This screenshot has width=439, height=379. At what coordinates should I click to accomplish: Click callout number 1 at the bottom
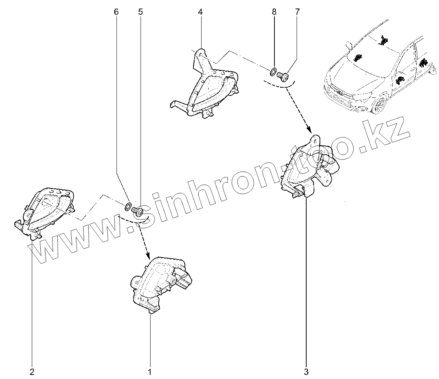[150, 371]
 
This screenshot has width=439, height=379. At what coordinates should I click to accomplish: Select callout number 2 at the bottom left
[32, 371]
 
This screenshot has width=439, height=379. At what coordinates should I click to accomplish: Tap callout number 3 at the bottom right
[306, 371]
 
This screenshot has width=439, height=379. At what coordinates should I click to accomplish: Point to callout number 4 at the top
[200, 12]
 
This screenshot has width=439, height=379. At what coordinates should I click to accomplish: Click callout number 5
[140, 12]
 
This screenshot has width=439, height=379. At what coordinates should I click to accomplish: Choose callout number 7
[297, 12]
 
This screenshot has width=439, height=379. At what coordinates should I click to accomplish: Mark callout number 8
[274, 12]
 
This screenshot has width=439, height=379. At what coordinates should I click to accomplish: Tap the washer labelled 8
[273, 71]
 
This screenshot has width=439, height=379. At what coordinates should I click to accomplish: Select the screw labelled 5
[138, 211]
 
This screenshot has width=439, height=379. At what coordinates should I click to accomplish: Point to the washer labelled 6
[128, 206]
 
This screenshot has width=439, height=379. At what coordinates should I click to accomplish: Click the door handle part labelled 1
[159, 283]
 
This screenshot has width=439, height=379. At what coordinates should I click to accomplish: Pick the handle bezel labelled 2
[44, 211]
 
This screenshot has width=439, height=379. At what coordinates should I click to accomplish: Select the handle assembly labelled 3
[309, 167]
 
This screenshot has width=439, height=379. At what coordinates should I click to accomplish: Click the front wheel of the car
[378, 105]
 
